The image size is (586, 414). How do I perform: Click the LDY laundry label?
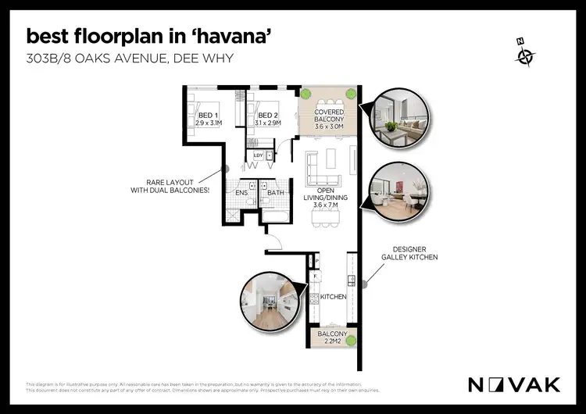click(x=259, y=155)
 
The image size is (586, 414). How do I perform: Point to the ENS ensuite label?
click(x=241, y=191)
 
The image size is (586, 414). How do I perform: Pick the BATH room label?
click(x=275, y=191)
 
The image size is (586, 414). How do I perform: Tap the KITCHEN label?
click(x=332, y=297)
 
